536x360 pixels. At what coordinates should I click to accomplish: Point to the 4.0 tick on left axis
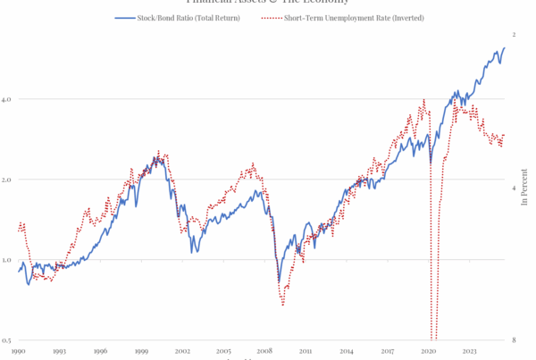pos(6,98)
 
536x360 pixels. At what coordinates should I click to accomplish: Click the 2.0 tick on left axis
pos(6,180)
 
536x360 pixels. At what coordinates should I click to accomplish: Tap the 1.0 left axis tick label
pos(6,260)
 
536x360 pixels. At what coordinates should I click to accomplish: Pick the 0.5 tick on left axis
pos(6,340)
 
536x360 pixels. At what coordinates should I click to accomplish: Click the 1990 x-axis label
pos(18,352)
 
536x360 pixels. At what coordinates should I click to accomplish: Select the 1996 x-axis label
pos(100,352)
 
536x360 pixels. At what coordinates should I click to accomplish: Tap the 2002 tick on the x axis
pos(182,352)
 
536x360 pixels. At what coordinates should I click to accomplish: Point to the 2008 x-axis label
pos(264,352)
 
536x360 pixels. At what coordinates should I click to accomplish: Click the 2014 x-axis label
pos(347,352)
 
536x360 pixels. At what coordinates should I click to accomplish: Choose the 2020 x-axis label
pos(429,352)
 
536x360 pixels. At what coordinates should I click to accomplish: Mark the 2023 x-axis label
pos(470,352)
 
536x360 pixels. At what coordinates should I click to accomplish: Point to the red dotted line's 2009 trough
pos(283,306)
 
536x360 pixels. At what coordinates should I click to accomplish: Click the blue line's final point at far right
pos(505,48)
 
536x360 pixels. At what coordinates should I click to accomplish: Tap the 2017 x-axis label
pos(388,352)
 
